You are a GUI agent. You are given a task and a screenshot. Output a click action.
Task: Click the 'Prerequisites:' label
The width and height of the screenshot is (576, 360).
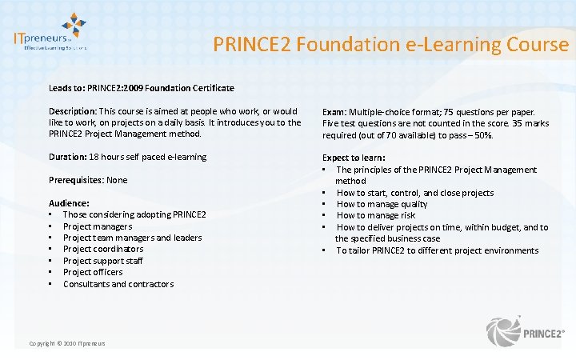click(x=76, y=180)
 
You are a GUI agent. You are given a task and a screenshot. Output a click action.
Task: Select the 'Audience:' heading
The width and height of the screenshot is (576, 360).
click(x=69, y=203)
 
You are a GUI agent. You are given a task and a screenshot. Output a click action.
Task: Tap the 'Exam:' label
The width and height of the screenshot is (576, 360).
click(x=335, y=112)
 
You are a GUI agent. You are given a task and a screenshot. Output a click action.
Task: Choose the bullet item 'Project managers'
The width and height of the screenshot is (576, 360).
click(x=97, y=226)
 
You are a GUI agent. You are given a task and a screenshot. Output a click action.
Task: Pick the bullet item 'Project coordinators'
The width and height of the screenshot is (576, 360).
click(x=103, y=250)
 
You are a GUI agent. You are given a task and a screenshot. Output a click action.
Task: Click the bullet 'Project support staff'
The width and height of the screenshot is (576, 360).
click(x=102, y=261)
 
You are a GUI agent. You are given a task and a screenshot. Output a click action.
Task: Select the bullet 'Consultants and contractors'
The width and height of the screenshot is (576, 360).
click(x=118, y=284)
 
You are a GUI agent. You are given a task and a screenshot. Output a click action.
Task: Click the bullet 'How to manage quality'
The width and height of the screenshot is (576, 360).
click(x=382, y=204)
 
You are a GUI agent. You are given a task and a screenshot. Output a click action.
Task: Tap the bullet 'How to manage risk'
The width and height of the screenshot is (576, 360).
click(x=376, y=215)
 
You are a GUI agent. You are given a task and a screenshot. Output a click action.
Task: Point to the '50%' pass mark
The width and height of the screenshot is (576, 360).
click(x=482, y=134)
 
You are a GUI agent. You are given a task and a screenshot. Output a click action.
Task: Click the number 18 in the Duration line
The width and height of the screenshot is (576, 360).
click(x=94, y=157)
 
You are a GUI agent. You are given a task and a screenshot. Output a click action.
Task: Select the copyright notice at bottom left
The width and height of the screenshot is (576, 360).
click(x=67, y=344)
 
